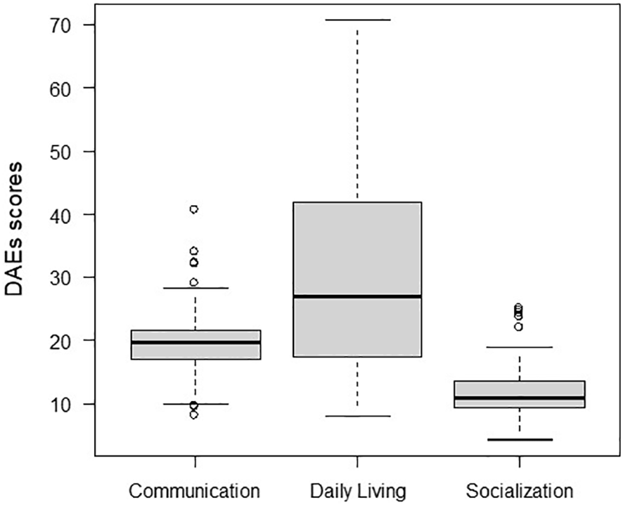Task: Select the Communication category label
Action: coord(195,489)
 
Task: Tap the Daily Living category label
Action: coord(357,489)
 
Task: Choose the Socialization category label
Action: coord(520,489)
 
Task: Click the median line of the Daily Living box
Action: coord(357,296)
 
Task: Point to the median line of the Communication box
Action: coord(195,342)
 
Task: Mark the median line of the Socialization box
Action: coord(520,398)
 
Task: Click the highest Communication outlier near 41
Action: coord(194,209)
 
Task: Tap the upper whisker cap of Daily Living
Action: coord(357,20)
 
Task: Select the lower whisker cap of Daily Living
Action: coord(357,416)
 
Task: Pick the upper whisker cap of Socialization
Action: coord(520,347)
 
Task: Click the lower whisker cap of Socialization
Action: coord(520,440)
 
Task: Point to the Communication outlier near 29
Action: coord(194,282)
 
